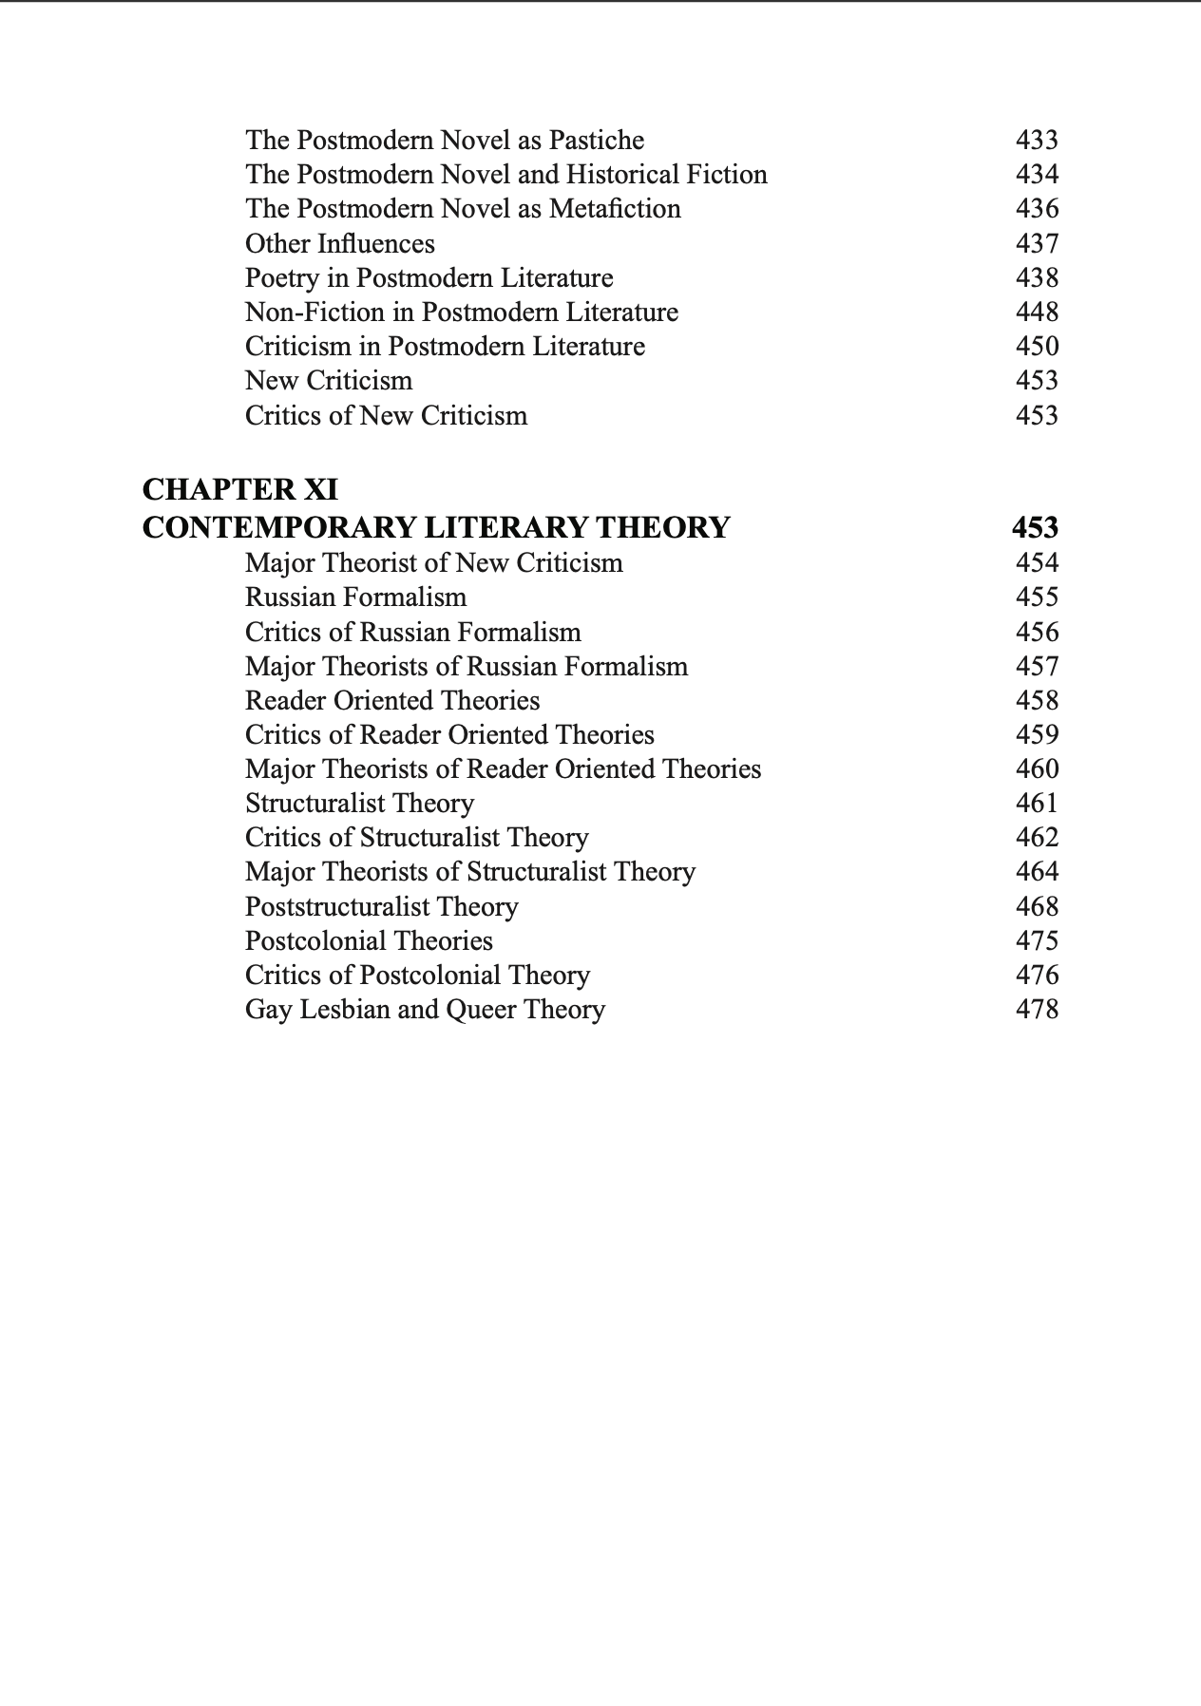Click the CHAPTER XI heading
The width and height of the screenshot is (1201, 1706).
coord(239,490)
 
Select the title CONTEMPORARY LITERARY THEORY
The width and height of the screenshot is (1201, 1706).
coord(436,527)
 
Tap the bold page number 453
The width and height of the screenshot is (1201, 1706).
coord(1035,527)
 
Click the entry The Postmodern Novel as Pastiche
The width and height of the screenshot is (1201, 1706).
coord(445,141)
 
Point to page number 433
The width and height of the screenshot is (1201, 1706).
coord(1037,141)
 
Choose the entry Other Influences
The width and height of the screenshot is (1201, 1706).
coord(340,244)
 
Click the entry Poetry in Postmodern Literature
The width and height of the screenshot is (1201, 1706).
coord(429,278)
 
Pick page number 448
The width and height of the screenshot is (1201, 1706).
coord(1037,313)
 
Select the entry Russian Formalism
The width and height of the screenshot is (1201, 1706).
coord(356,597)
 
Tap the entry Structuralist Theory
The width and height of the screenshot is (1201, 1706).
coord(360,804)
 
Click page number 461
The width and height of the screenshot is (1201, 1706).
coord(1037,804)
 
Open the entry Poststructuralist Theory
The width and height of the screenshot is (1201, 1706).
coord(382,907)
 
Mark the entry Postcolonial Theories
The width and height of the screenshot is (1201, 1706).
coord(370,941)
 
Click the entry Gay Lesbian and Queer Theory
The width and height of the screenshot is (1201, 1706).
coord(425,1010)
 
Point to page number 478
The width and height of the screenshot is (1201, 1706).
coord(1037,1010)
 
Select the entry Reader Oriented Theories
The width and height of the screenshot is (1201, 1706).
coord(392,701)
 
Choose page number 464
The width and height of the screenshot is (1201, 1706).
coord(1037,872)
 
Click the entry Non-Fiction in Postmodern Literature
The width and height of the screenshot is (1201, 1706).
coord(462,313)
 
